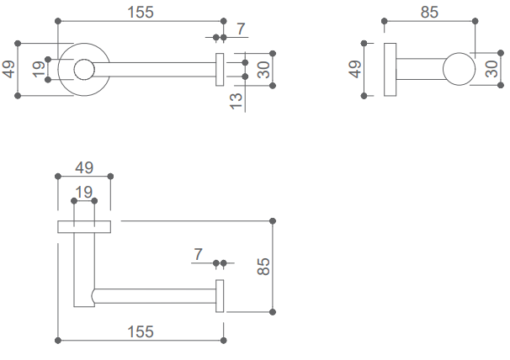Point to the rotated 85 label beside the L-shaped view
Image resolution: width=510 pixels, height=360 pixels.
[x=263, y=267]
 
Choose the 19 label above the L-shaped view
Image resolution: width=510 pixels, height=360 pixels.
[x=83, y=192]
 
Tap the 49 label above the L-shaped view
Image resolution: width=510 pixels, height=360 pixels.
[x=83, y=167]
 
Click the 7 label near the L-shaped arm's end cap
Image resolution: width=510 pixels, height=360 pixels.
[x=199, y=253]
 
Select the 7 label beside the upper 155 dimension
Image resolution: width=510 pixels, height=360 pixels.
[x=241, y=29]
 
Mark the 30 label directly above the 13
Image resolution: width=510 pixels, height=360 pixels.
[x=263, y=69]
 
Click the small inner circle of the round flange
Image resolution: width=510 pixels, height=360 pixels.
[x=83, y=70]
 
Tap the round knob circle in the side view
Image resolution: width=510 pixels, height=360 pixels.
[x=457, y=69]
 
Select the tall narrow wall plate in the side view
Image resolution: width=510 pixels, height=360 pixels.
[x=390, y=69]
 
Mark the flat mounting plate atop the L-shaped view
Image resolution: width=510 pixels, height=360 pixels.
[x=84, y=226]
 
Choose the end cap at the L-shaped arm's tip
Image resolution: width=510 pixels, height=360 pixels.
[x=220, y=297]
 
